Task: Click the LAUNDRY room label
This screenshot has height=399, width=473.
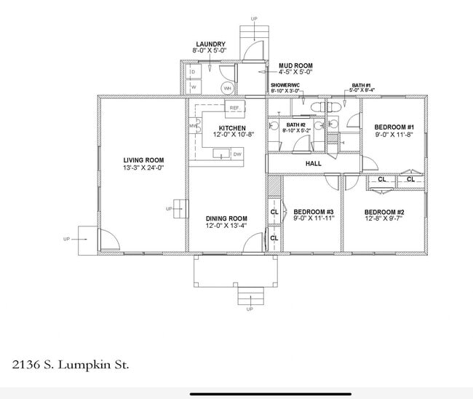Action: point(210,44)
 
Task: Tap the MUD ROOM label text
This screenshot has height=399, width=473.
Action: point(295,66)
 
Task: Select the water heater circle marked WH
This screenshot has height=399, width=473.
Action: point(227,88)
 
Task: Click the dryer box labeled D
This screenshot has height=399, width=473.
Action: point(194,72)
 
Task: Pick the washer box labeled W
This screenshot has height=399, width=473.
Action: point(194,87)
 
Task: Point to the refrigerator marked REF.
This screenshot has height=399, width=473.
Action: point(234,108)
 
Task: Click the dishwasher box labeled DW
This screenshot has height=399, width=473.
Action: point(237,154)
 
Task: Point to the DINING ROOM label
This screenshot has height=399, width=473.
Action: point(226,218)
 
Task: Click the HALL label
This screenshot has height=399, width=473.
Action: point(313,164)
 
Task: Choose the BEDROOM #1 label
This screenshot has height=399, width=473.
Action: point(393,127)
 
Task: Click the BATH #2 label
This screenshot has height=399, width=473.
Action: point(295,125)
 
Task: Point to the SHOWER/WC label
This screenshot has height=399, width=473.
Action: point(285,85)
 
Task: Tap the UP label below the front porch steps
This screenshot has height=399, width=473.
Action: point(250,309)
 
